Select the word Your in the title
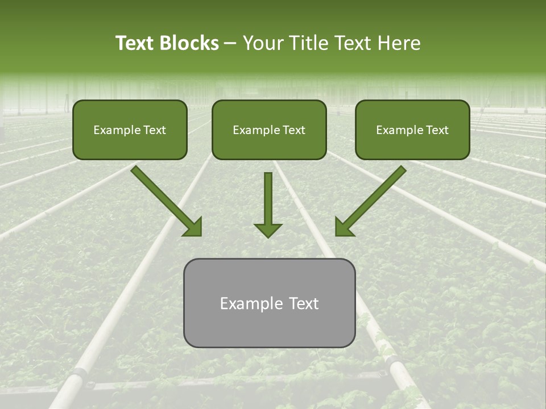[x=263, y=43]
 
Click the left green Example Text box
[x=130, y=142]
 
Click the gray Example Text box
[x=269, y=324]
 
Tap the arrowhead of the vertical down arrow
[x=268, y=229]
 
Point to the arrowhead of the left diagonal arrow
[x=193, y=227]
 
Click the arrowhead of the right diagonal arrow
[x=344, y=227]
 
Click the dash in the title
[x=230, y=43]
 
